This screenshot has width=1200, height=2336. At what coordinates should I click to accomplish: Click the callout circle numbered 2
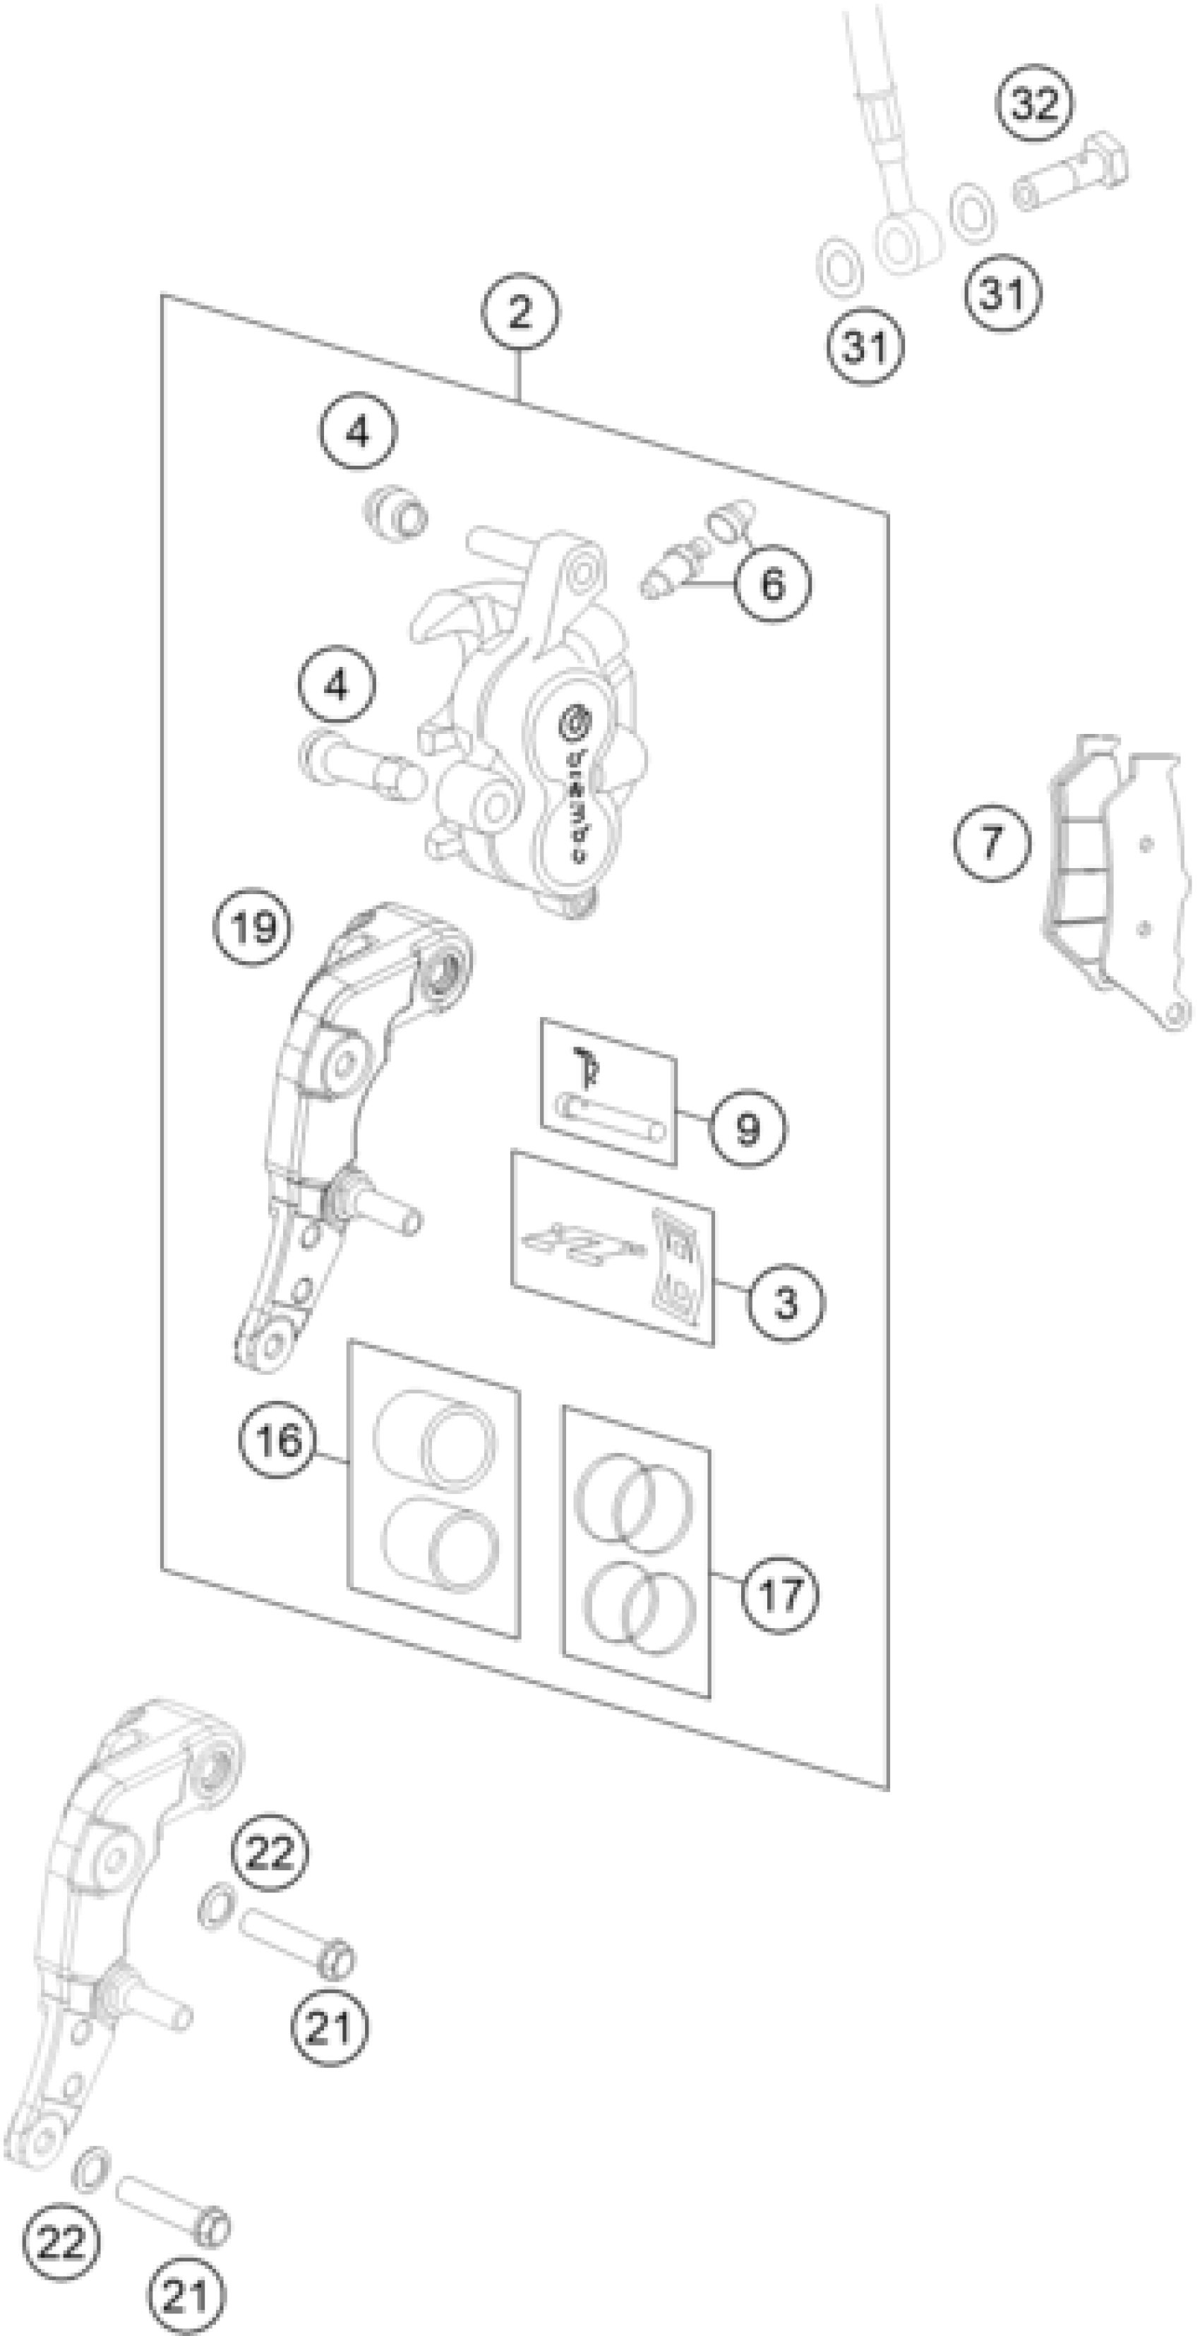coord(520,312)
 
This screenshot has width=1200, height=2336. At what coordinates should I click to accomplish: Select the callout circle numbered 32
coord(1035,103)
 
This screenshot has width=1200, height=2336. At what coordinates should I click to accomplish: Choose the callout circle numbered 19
coord(253,927)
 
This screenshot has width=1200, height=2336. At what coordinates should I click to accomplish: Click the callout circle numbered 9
coord(748,1127)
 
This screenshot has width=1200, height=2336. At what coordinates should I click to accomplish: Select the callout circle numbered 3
coord(786,1302)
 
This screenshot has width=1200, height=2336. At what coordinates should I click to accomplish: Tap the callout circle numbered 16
coord(278,1439)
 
